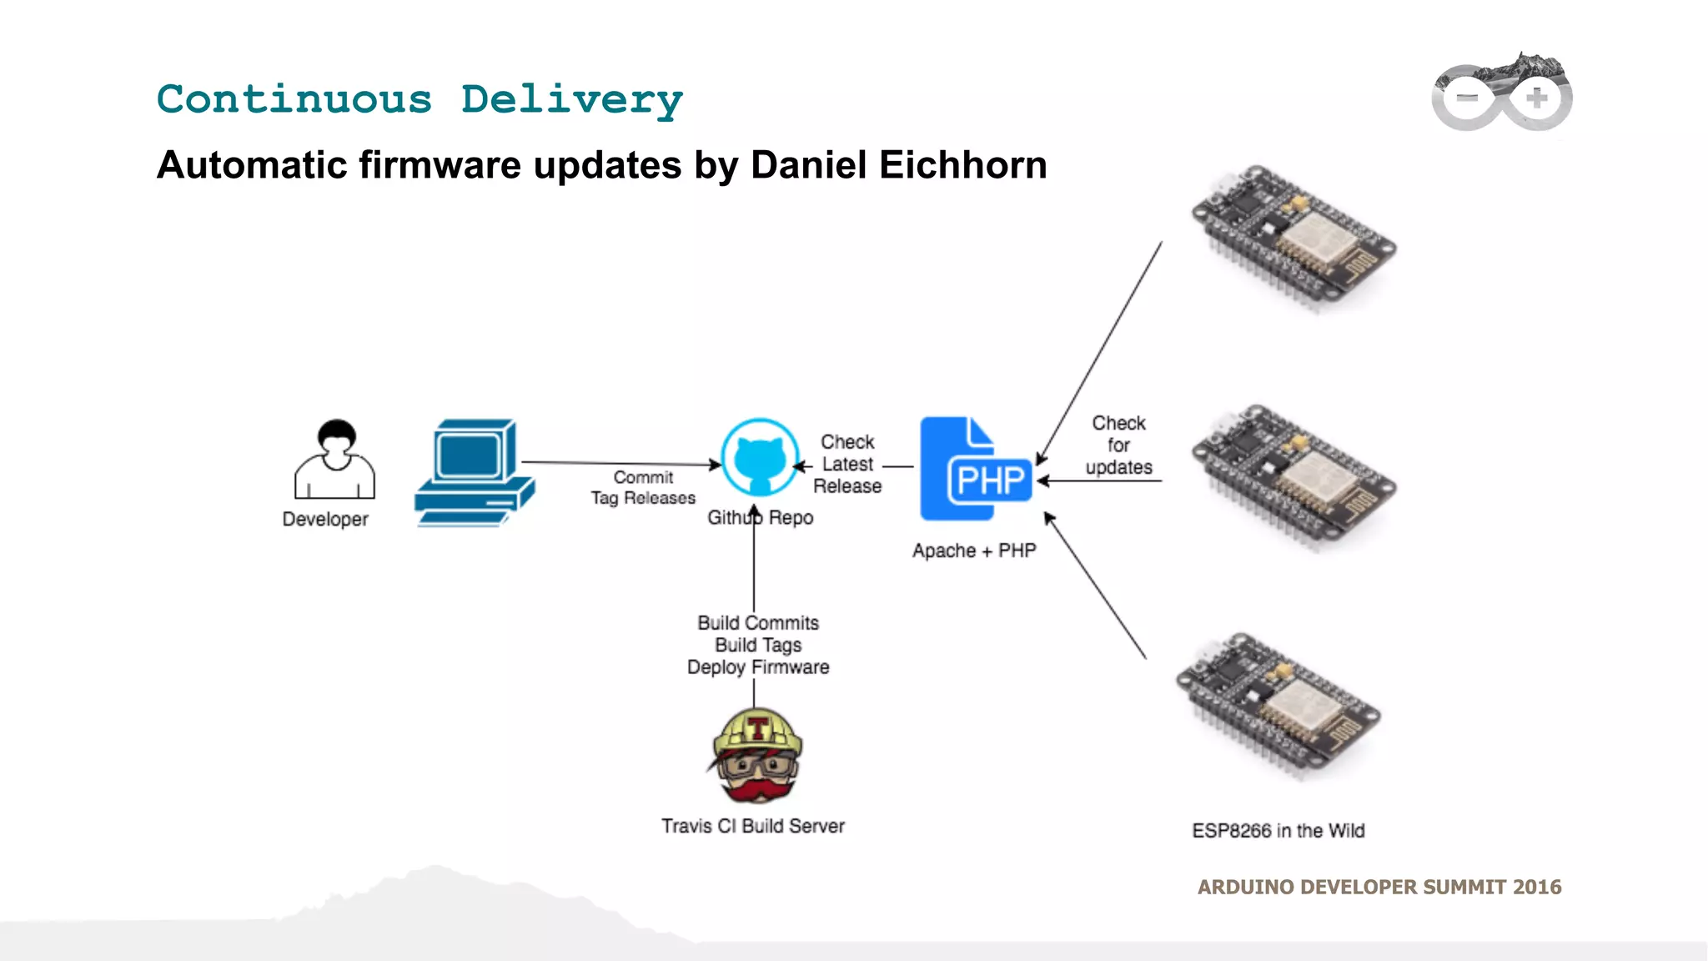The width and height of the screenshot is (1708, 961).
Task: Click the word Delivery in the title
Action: [571, 100]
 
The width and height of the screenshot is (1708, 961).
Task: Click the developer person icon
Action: [334, 460]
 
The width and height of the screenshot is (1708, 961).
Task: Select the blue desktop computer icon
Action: [474, 472]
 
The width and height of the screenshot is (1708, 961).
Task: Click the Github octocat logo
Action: [759, 458]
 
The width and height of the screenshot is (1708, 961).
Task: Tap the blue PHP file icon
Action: [975, 469]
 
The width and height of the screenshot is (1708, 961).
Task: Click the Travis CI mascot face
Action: [757, 756]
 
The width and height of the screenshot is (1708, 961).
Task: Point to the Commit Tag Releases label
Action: [643, 488]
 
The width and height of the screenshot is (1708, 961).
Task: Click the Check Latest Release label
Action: [847, 464]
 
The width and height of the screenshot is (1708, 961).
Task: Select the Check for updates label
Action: [1118, 445]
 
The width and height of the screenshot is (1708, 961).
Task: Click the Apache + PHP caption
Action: [974, 551]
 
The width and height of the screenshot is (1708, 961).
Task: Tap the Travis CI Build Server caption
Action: [752, 826]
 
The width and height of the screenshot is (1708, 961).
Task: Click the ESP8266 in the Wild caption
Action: [1278, 831]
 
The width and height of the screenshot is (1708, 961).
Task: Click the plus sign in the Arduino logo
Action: [1536, 98]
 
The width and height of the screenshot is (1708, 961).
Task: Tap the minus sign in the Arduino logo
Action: [1466, 98]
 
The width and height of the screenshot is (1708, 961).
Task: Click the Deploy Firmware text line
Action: [758, 667]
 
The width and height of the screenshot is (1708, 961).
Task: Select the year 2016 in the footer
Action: [1537, 887]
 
